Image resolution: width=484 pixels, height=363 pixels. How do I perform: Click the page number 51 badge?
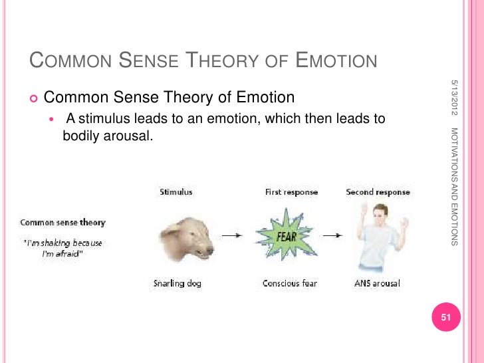tap(446, 318)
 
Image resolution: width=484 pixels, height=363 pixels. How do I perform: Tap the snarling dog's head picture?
tap(187, 237)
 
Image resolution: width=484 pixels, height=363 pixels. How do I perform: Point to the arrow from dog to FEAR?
tap(231, 235)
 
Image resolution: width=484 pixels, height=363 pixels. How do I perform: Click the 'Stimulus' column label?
tap(176, 192)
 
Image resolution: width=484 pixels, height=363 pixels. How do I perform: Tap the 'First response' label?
tap(291, 192)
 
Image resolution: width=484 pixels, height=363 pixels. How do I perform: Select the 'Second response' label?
tap(378, 192)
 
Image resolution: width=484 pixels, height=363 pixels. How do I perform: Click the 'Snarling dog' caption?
tap(177, 283)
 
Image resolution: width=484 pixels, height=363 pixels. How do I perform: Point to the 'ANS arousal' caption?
tap(377, 283)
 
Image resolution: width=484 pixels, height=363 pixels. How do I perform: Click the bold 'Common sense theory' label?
tap(62, 223)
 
